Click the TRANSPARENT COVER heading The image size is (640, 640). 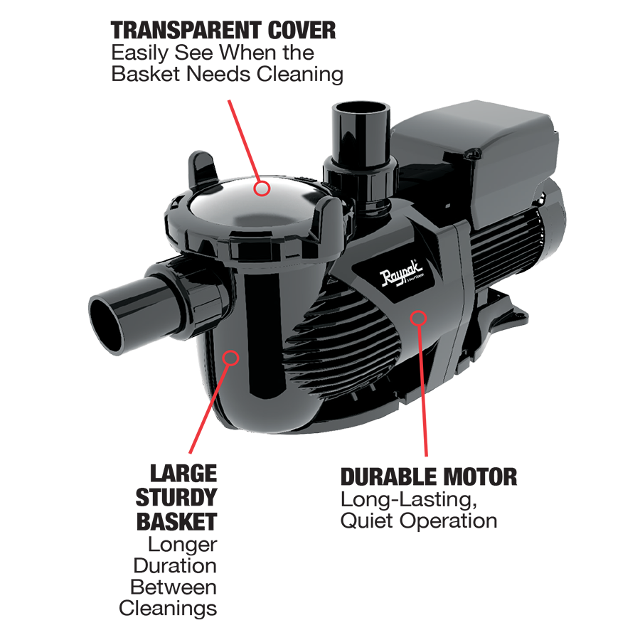223,31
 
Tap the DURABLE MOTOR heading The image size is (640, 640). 429,476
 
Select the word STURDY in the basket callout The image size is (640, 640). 176,497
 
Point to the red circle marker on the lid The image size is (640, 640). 263,188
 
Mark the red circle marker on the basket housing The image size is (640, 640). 229,357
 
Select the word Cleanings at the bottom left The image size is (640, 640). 168,608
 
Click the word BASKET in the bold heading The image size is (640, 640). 176,521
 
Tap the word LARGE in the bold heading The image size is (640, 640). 183,473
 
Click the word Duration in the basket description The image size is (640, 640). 175,565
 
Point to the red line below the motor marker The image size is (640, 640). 424,391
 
